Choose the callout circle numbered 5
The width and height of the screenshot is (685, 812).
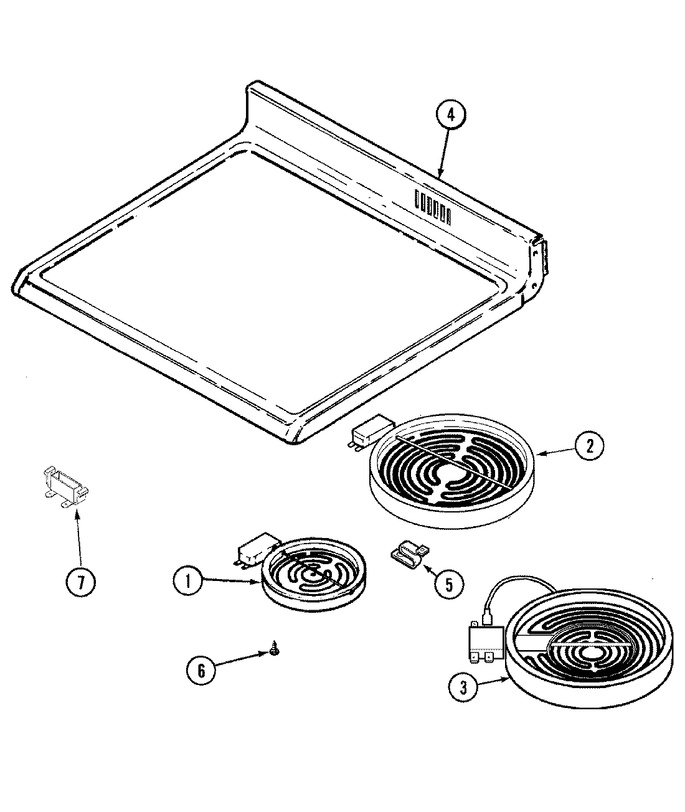point(449,585)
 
